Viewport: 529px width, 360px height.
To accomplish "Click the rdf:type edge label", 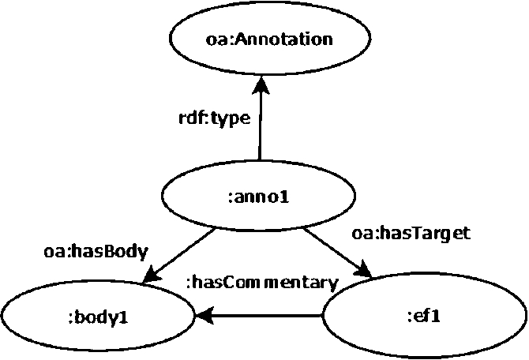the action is click(x=215, y=118).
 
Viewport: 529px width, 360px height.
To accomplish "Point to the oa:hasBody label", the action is click(x=96, y=252).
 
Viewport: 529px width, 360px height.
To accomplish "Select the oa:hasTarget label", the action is click(x=411, y=233).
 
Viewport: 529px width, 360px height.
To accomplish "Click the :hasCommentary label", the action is click(x=262, y=283).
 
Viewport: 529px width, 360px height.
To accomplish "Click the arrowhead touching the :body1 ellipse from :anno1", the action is click(x=151, y=274).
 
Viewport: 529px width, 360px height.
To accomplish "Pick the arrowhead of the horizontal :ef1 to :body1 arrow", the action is click(x=204, y=316).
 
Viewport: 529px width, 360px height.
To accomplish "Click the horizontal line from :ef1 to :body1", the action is click(x=259, y=316).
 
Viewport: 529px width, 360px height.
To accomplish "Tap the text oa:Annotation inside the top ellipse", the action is click(x=269, y=39).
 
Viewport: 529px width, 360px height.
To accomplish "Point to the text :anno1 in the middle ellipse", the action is click(x=259, y=197).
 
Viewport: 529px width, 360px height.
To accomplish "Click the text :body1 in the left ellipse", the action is click(x=98, y=318).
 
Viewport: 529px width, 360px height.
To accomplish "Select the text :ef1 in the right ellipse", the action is click(x=424, y=317).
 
